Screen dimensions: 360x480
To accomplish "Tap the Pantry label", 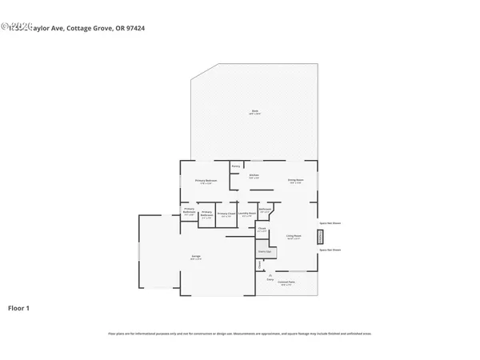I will pos(236,166).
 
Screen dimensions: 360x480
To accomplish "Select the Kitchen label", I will pos(253,175).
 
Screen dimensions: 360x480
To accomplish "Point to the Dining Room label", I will pos(295,180).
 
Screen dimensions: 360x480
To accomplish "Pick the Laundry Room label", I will pos(249,214).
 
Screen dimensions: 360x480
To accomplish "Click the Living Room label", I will pos(294,237).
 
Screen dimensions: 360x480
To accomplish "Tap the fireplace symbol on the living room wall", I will pos(322,237).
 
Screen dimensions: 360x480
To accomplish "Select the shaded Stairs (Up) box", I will pos(262,251).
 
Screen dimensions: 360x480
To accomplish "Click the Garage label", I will pos(195,257).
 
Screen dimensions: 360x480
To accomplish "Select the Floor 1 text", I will pos(19,307).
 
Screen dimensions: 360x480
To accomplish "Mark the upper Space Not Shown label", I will pos(330,223).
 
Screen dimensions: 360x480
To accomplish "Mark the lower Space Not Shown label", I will pos(330,250).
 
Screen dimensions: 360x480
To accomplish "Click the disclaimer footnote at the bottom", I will pos(239,333).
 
